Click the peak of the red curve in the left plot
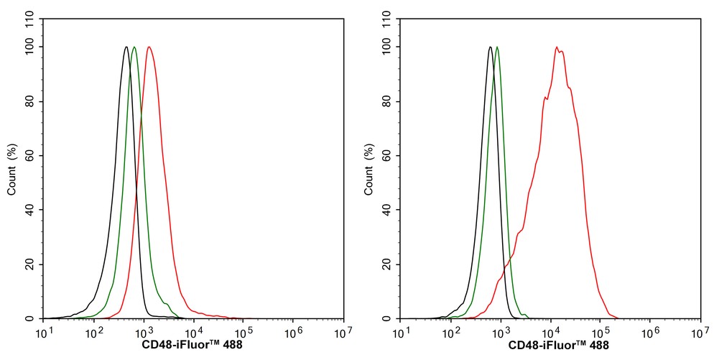click(x=149, y=47)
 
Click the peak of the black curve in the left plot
click(x=126, y=47)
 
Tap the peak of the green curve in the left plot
click(x=134, y=47)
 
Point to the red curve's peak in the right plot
click(x=557, y=47)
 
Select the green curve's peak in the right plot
click(x=497, y=47)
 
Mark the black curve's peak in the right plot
click(x=490, y=47)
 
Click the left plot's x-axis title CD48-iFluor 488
click(x=193, y=345)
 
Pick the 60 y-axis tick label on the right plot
click(x=388, y=156)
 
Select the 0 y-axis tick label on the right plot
click(x=390, y=318)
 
